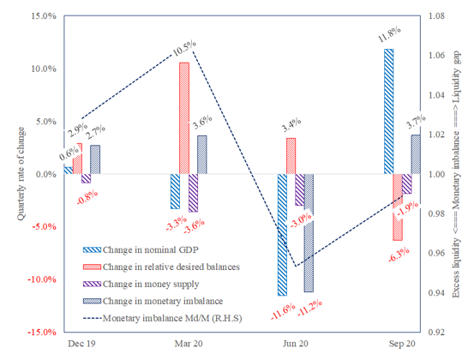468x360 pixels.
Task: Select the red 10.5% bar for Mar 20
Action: tap(184, 118)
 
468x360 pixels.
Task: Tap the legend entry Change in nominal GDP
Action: tap(153, 249)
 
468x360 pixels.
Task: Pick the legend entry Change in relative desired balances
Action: tap(161, 266)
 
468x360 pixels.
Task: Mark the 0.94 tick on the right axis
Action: tap(437, 293)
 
